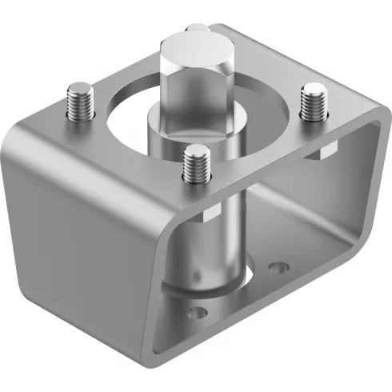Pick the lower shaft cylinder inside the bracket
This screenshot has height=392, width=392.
click(214, 240)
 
